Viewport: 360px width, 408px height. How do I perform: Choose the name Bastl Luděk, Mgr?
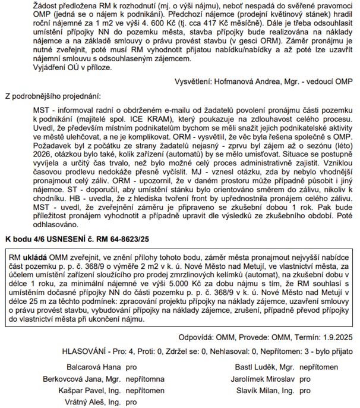coord(266,366)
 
